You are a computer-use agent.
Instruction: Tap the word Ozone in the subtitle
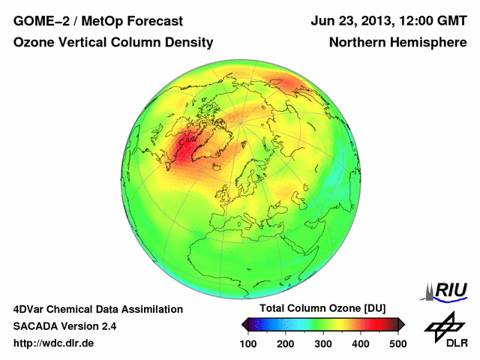(32, 43)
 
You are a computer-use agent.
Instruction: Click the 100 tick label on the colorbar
(248, 343)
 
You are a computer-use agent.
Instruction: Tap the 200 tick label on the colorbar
(286, 343)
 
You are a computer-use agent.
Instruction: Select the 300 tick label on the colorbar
(323, 343)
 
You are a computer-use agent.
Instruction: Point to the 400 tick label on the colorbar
(361, 343)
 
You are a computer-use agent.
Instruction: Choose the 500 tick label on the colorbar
(397, 343)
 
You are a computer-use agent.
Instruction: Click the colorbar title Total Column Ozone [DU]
(322, 309)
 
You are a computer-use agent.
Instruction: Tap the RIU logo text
(451, 289)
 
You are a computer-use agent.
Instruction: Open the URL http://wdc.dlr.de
(55, 343)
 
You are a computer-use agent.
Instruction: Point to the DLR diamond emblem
(444, 323)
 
